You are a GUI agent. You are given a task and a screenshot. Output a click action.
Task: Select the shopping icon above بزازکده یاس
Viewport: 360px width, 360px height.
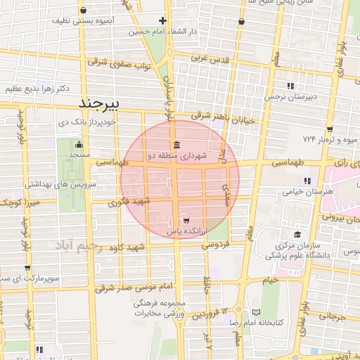(186, 220)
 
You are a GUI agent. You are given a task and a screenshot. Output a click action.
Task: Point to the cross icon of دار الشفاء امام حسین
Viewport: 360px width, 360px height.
(163, 20)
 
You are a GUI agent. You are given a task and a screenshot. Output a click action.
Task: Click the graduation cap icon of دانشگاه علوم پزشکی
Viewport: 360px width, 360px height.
(297, 234)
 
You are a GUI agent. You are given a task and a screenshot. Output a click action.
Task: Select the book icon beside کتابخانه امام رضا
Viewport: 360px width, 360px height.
(256, 311)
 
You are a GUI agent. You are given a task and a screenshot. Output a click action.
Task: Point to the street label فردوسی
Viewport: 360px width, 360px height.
(217, 246)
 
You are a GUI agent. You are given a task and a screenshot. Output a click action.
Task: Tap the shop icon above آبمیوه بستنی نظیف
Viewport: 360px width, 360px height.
(84, 11)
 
